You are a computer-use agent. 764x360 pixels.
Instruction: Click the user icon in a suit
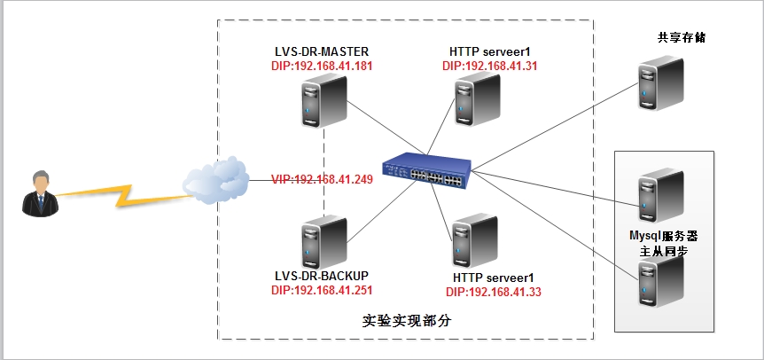pos(39,193)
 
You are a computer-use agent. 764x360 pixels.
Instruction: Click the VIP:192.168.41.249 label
pos(322,179)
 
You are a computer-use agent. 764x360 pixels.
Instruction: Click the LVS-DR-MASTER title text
pos(322,51)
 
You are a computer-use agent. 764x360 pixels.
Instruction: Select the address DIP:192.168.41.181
pos(322,66)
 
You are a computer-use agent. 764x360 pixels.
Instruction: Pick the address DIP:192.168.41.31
pos(489,66)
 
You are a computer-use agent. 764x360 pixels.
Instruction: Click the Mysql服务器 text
pos(664,238)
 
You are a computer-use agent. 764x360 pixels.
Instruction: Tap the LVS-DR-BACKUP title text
pos(322,276)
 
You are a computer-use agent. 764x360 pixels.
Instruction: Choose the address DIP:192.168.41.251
pos(322,290)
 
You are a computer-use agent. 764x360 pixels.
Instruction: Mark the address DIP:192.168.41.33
pos(493,292)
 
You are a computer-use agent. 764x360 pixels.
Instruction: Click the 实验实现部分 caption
pos(407,321)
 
